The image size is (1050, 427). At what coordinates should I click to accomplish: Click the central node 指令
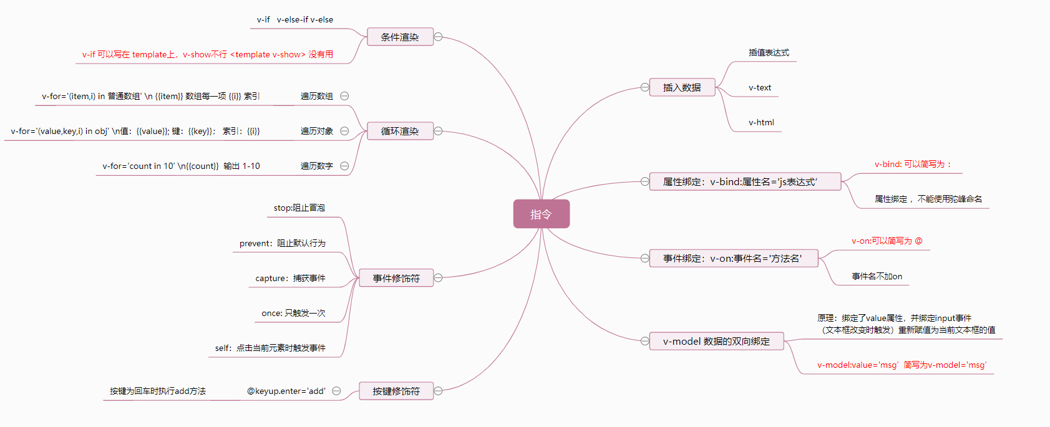coord(541,214)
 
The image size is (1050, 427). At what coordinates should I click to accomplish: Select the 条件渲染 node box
coord(400,37)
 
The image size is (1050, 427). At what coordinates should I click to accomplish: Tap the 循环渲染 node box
coord(400,132)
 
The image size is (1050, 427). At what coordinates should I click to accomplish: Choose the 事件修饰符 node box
coord(396,279)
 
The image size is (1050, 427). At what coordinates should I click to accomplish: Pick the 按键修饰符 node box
coord(396,391)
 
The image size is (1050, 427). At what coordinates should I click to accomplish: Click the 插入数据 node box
coord(682,88)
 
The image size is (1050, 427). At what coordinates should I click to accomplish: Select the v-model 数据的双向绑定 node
coord(716,342)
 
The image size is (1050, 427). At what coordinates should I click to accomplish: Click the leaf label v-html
coord(761,123)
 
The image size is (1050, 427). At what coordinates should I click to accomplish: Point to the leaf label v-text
coord(760,88)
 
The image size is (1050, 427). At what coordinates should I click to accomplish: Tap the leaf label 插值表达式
coord(769,53)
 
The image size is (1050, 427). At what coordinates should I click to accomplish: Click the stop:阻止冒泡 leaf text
coord(299,208)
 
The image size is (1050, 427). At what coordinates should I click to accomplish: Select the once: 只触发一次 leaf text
coord(293,314)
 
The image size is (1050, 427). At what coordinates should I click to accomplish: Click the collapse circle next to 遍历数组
coord(344,96)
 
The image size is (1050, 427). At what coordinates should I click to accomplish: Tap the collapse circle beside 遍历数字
coord(344,166)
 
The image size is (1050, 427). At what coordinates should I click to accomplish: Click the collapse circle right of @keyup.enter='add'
coord(336,391)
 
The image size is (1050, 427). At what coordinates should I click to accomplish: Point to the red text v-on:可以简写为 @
coord(887,241)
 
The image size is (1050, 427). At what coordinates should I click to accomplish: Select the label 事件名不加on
coord(877,277)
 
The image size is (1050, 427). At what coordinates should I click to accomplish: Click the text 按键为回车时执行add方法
coord(158,391)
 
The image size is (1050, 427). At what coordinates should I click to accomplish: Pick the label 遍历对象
coord(317,132)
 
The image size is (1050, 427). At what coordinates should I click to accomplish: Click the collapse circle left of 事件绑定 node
coord(644,258)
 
